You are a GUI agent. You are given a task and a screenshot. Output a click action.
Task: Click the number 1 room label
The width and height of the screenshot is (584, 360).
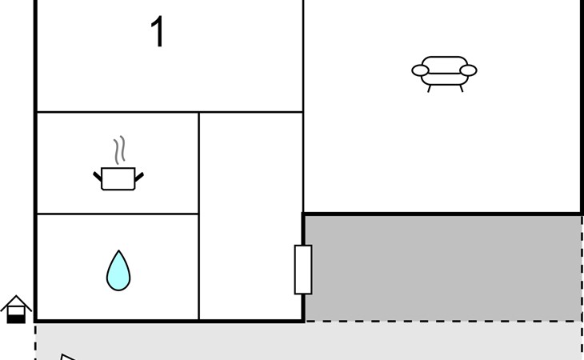pos(158,34)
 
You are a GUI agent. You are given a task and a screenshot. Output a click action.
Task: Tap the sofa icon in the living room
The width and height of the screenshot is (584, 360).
pos(444,71)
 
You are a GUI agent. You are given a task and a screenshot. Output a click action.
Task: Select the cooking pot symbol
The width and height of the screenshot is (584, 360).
pos(118,178)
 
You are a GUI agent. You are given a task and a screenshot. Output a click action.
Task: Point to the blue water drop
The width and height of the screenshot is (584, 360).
pos(118,270)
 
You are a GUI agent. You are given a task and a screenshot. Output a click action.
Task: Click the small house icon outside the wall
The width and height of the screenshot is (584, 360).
pos(16,310)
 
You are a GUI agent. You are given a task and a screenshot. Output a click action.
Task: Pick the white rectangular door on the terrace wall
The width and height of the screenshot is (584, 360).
pos(303,270)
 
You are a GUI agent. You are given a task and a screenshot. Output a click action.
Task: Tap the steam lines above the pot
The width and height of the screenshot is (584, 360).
pos(119,150)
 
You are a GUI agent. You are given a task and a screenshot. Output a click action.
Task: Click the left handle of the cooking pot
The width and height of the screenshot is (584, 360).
pos(98,175)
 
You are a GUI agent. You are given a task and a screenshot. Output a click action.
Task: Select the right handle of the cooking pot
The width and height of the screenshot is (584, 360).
pos(139,175)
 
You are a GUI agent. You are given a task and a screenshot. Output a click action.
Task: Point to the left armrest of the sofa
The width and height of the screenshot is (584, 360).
pos(421,70)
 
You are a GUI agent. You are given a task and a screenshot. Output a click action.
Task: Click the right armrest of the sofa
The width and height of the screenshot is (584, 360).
pos(468,70)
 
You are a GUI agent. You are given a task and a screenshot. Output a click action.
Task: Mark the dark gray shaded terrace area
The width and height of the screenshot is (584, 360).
pos(444,268)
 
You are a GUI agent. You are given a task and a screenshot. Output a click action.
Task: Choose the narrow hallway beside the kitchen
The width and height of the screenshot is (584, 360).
pos(250,216)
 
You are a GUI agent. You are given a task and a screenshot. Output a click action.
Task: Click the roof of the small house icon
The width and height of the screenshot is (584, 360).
pos(16,302)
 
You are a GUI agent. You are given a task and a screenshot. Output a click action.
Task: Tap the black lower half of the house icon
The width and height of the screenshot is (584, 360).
pos(16,318)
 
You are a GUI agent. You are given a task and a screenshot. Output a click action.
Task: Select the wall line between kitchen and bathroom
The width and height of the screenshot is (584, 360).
pos(118,214)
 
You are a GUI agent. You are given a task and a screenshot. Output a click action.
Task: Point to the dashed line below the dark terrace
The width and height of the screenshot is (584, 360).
pos(444,322)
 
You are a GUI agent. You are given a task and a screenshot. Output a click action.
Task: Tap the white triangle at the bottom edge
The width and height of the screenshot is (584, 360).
pos(67,357)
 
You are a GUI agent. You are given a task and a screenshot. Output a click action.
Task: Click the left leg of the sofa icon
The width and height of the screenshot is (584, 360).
pos(430,88)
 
